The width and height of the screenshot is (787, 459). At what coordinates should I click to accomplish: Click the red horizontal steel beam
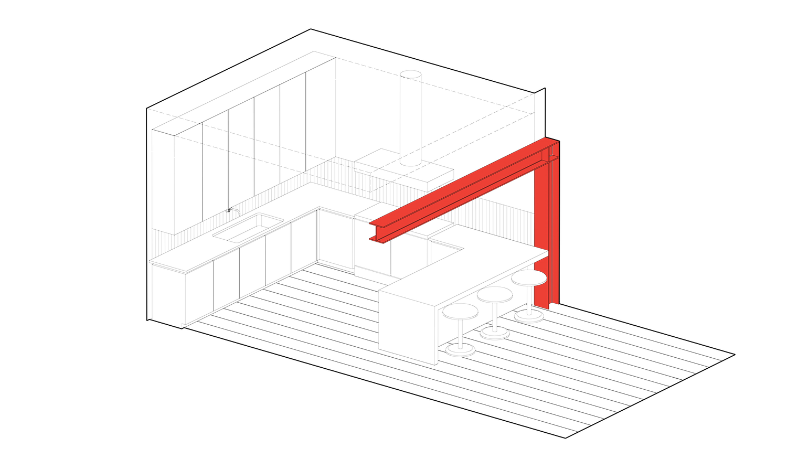[x=462, y=189]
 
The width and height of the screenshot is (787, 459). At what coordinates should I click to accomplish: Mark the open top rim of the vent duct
[x=410, y=74]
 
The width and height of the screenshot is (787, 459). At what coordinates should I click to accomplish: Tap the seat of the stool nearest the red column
[x=528, y=278]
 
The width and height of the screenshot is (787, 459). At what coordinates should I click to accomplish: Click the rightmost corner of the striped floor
[x=736, y=355]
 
